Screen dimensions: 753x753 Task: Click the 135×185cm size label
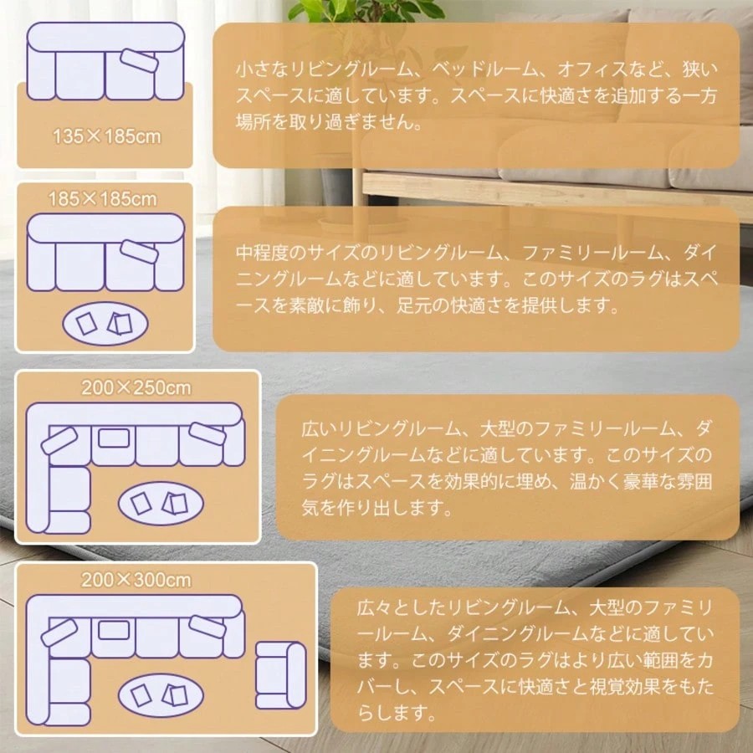106,136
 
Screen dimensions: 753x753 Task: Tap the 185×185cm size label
103,199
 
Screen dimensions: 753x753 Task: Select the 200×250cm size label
136,387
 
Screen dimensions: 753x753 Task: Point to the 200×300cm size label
136,580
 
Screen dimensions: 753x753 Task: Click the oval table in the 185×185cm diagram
105,324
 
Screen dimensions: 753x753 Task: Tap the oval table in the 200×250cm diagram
161,504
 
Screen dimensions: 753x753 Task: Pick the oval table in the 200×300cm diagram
161,695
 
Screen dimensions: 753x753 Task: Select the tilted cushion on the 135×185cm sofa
139,59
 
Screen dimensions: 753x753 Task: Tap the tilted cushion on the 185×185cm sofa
139,252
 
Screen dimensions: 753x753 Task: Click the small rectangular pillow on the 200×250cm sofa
114,438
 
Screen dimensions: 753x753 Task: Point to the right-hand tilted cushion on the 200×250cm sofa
207,433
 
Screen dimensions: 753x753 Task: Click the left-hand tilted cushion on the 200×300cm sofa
59,633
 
